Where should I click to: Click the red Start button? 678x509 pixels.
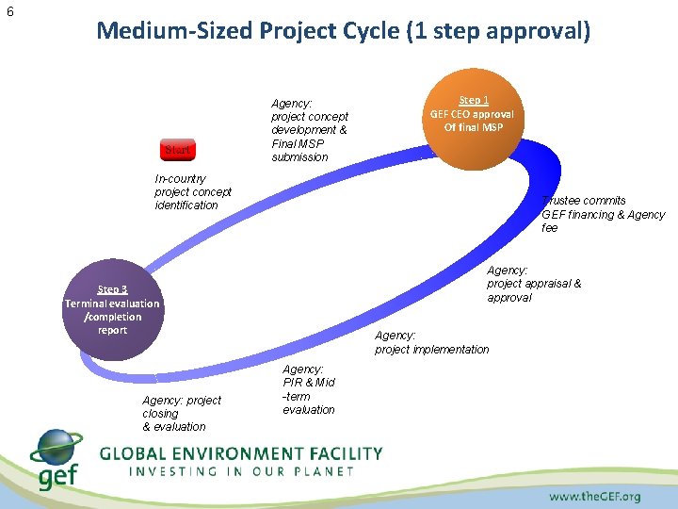coord(177,149)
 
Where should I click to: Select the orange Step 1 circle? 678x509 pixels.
coord(473,118)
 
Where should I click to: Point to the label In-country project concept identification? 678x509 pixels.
coord(192,191)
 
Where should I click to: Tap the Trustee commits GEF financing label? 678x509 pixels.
coord(603,214)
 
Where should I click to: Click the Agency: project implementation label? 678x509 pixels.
coord(431,342)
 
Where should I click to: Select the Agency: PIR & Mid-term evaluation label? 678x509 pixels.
coord(308,389)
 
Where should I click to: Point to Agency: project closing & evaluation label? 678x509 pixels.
coord(182,414)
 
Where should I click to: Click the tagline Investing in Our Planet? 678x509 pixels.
coord(241,471)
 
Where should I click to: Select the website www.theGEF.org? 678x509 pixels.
coord(594,496)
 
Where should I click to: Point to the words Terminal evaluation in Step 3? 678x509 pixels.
coord(112,304)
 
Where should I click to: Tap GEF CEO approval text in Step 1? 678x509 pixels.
coord(473,114)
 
